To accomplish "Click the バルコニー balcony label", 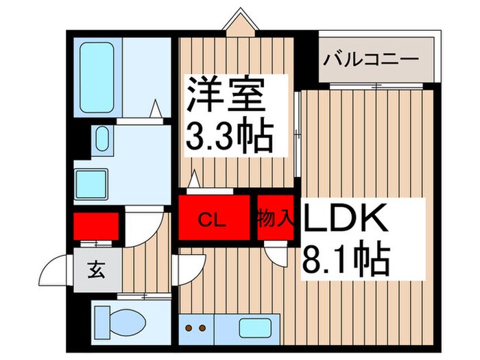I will (371, 59).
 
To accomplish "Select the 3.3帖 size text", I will (229, 137).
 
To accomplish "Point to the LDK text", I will (346, 221).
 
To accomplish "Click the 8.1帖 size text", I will (346, 259).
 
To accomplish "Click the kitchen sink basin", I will (250, 326).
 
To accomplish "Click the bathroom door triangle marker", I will (157, 109).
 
